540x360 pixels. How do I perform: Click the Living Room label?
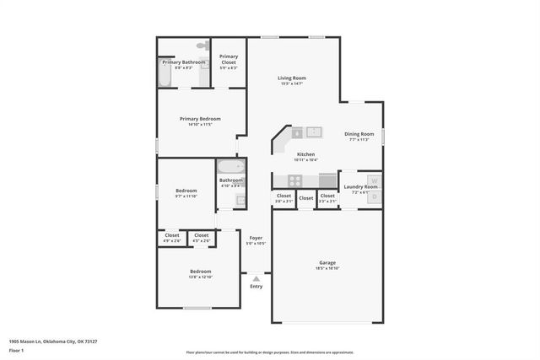tap(292, 78)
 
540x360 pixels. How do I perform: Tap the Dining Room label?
tap(359, 134)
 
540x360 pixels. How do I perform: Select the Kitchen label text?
tap(305, 154)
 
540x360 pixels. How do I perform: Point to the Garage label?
tap(327, 262)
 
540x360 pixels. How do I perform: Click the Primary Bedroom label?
tap(200, 119)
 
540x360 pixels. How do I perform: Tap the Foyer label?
tap(256, 238)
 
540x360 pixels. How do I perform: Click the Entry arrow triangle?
tap(256, 277)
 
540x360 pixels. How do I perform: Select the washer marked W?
tap(374, 180)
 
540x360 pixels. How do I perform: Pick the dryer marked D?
tap(374, 196)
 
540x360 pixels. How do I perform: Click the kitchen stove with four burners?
tap(294, 180)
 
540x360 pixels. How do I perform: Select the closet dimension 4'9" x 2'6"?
tap(172, 241)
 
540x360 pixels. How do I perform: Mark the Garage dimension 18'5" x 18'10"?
tap(327, 269)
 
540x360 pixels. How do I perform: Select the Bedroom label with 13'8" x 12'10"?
tap(200, 271)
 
